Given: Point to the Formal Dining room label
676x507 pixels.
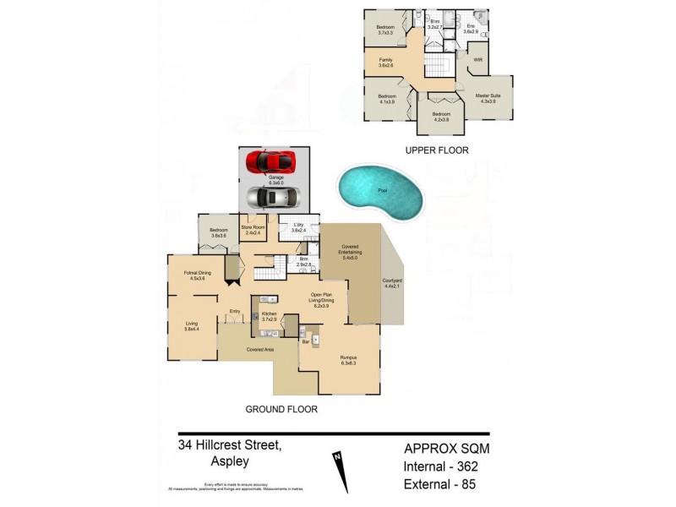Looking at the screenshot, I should (196, 275).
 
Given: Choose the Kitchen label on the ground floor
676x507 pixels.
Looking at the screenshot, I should (270, 316).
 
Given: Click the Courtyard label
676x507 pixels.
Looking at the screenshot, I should (391, 284).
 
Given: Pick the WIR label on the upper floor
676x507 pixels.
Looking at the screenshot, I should (477, 60).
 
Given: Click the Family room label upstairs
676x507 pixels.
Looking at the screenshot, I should (385, 62).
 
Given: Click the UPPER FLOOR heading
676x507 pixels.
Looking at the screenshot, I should (436, 150).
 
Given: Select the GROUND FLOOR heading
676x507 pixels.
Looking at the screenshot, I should (281, 409).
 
